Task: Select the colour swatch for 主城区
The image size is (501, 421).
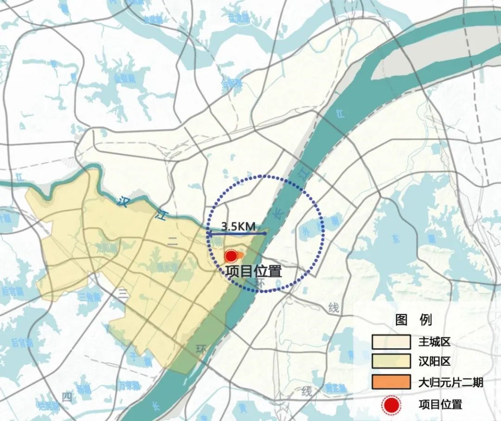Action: pos(391,342)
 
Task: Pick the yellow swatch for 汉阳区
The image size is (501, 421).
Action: pos(391,362)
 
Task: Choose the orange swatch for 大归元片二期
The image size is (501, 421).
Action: pos(391,382)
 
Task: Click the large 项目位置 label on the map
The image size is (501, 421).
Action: pos(254,271)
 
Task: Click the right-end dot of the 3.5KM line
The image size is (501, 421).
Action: pos(265,233)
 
